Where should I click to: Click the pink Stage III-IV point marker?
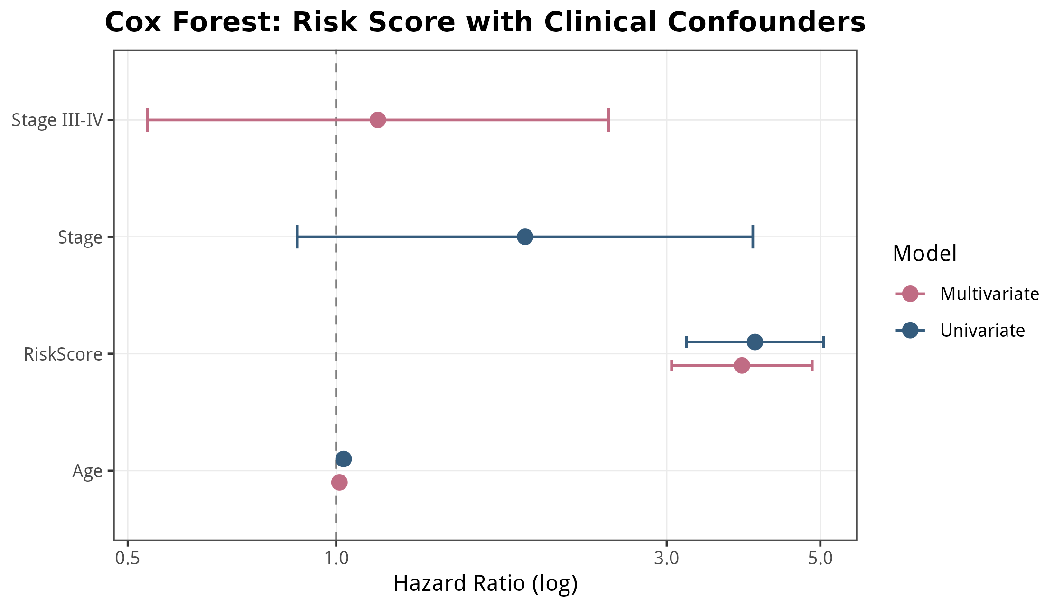pyautogui.click(x=377, y=120)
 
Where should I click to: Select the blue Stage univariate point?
pyautogui.click(x=525, y=237)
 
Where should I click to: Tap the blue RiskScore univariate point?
pyautogui.click(x=755, y=342)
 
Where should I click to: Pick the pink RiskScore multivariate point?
pyautogui.click(x=741, y=365)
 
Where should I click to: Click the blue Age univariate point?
pyautogui.click(x=343, y=459)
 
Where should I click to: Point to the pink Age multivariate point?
pyautogui.click(x=339, y=482)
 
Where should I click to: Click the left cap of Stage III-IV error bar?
pyautogui.click(x=147, y=120)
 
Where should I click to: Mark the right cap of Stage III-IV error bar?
pyautogui.click(x=608, y=120)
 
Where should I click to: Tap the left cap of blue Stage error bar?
pyautogui.click(x=297, y=237)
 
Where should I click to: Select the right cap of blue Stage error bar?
pyautogui.click(x=753, y=237)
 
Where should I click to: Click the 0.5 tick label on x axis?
pyautogui.click(x=128, y=559)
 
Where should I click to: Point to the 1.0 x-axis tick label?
pyautogui.click(x=336, y=559)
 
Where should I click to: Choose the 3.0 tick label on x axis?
pyautogui.click(x=667, y=559)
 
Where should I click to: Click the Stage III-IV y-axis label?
pyautogui.click(x=57, y=120)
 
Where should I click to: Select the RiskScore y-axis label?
pyautogui.click(x=63, y=354)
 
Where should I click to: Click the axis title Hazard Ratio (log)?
pyautogui.click(x=485, y=584)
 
